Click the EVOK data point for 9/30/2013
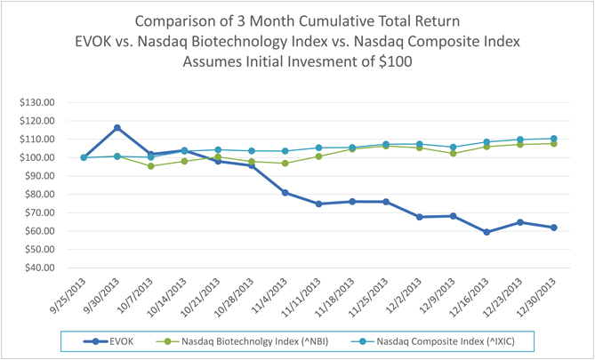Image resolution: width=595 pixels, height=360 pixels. (117, 128)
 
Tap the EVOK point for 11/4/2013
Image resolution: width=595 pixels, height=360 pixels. (285, 193)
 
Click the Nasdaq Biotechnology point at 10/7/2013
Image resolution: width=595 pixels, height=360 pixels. (151, 166)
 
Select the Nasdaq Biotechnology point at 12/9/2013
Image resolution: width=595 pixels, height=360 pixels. (454, 154)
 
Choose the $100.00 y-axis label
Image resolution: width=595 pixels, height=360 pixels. (37, 157)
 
